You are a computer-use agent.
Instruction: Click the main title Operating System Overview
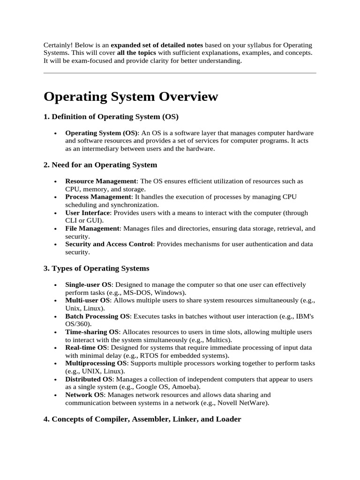click(x=131, y=97)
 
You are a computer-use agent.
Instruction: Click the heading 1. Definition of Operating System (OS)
click(x=111, y=116)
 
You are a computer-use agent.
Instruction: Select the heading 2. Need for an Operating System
click(x=100, y=165)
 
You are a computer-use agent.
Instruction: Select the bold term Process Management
click(x=98, y=197)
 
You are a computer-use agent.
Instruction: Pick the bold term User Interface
click(x=87, y=213)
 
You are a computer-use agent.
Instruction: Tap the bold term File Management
click(x=92, y=228)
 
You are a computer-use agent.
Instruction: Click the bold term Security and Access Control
click(x=109, y=244)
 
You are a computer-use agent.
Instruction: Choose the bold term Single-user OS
click(x=88, y=285)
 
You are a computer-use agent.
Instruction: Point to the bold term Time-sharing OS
click(x=92, y=332)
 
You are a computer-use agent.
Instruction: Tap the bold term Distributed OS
click(x=89, y=379)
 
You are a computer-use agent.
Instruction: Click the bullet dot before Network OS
click(x=56, y=395)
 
